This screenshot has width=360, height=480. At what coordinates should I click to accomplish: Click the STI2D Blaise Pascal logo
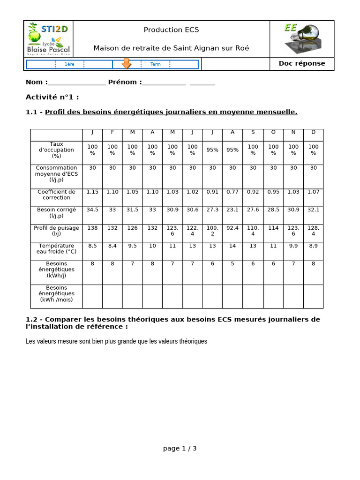click(x=49, y=39)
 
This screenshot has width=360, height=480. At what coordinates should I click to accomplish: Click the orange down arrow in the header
click(x=126, y=64)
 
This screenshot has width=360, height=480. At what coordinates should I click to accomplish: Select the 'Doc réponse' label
click(x=302, y=64)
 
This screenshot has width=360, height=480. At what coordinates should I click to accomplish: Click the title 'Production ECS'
click(x=171, y=30)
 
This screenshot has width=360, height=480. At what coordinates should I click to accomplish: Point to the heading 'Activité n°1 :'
click(x=52, y=97)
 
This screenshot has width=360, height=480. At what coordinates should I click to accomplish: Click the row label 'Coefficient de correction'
click(x=56, y=195)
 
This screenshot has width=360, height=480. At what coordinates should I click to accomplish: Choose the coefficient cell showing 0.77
click(x=232, y=192)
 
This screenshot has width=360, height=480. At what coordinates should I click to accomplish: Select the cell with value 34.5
click(x=92, y=210)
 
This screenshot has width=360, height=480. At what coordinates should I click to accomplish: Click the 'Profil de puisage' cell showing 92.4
click(x=232, y=228)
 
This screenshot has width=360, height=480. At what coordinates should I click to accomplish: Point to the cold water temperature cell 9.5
click(x=133, y=246)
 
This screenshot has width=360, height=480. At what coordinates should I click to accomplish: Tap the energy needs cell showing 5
click(x=232, y=264)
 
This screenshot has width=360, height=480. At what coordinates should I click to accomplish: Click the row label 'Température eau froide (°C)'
click(x=56, y=248)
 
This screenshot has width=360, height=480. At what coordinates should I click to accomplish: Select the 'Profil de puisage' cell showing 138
click(x=92, y=228)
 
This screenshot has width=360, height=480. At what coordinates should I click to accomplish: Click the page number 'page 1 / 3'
click(x=180, y=449)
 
